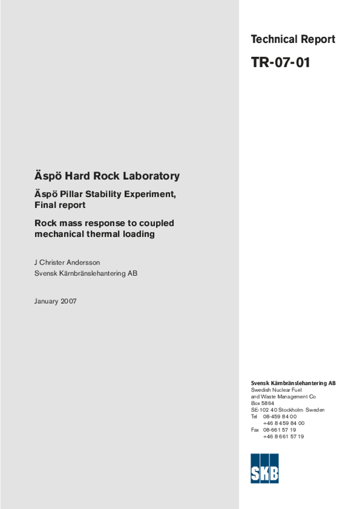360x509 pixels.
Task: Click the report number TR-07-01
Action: (x=280, y=63)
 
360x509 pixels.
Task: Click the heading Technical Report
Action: (x=293, y=39)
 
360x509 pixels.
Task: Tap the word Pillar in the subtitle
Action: (x=81, y=194)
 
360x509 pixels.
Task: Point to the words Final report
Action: (x=60, y=205)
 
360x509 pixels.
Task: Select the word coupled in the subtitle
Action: (x=156, y=223)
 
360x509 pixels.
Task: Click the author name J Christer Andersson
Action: (x=67, y=262)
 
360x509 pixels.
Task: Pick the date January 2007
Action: (x=56, y=301)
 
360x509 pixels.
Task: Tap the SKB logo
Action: (x=265, y=468)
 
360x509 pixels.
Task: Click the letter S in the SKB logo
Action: (x=255, y=473)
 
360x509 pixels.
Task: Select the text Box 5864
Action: (x=263, y=403)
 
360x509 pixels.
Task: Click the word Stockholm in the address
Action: (x=290, y=410)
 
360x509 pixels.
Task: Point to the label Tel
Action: (x=255, y=417)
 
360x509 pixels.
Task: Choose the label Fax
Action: (x=255, y=430)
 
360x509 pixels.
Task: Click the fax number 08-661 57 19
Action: (x=279, y=430)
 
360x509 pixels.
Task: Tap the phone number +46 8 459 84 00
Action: (x=283, y=423)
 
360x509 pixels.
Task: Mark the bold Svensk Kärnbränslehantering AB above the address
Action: (x=293, y=383)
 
